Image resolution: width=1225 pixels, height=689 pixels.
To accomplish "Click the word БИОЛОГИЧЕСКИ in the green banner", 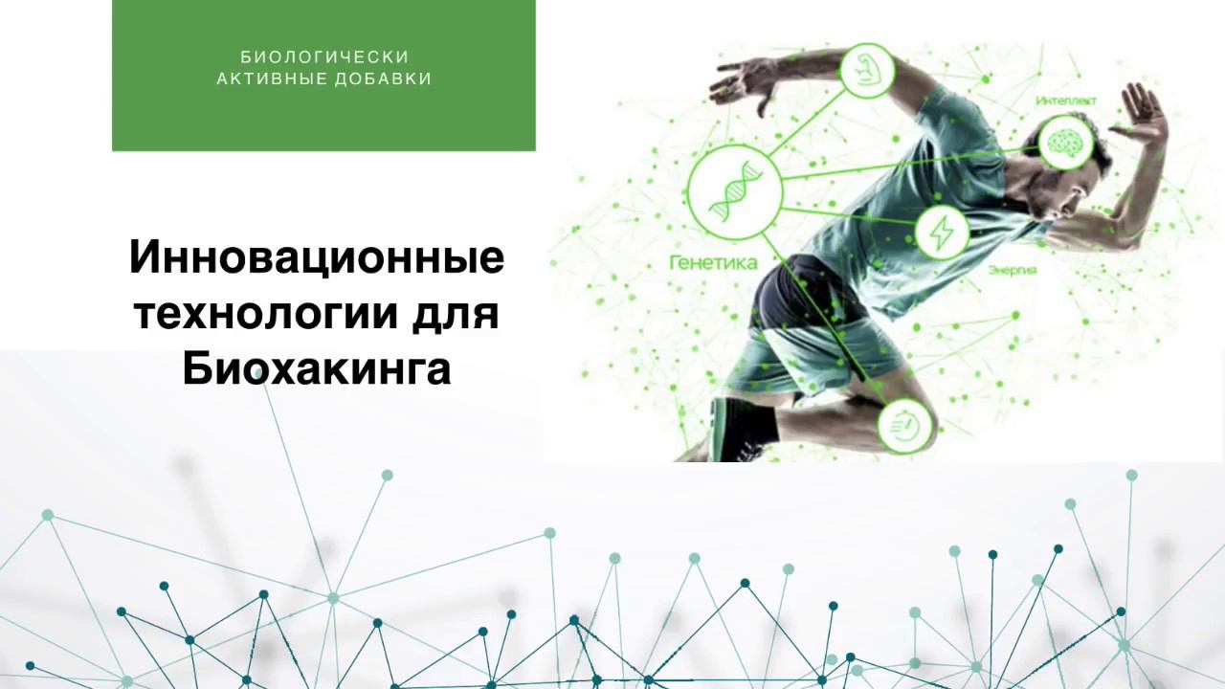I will [324, 57].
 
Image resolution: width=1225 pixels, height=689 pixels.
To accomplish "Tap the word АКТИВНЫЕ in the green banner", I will [272, 79].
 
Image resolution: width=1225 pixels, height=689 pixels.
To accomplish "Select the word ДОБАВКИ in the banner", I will [384, 79].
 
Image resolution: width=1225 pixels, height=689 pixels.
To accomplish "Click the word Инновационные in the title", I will [317, 257].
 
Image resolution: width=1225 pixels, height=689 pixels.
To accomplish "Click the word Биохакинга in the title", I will [317, 369].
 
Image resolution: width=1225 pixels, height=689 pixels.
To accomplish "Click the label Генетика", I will [713, 262].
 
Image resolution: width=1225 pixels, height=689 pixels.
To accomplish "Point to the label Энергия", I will [1012, 271].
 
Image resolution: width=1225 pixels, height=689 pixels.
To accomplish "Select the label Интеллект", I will [1066, 100].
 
